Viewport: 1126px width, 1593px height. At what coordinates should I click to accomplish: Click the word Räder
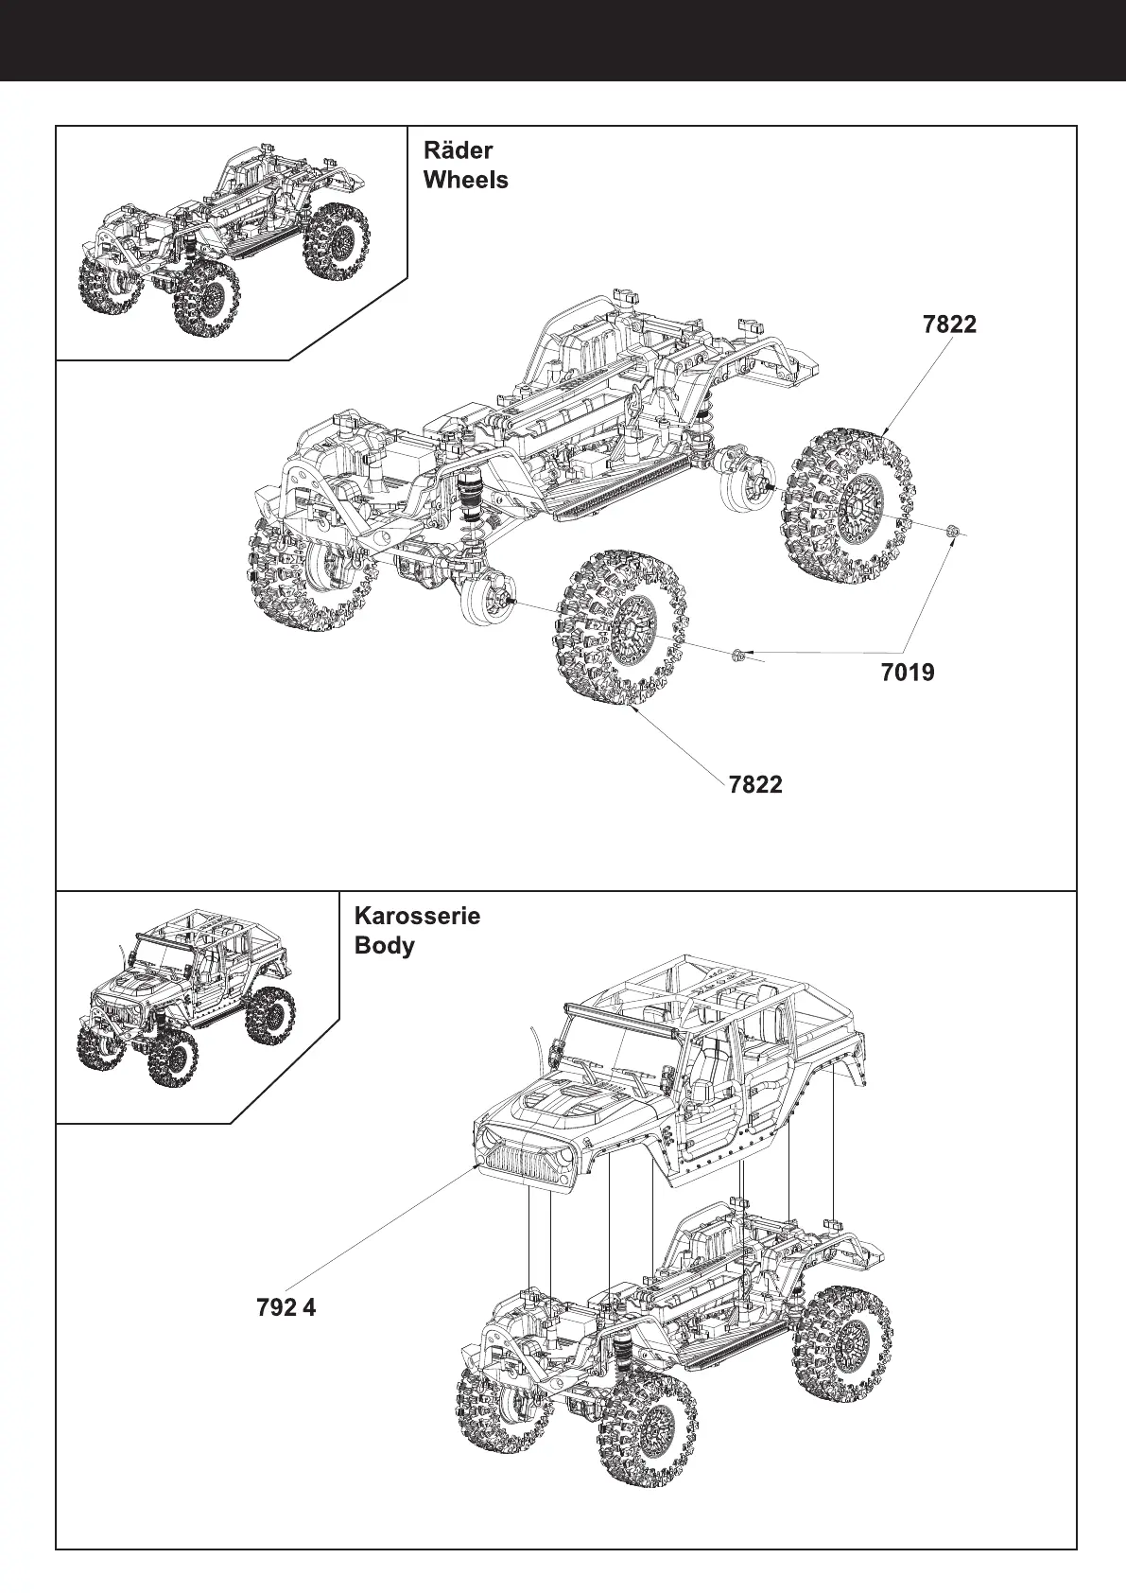point(459,150)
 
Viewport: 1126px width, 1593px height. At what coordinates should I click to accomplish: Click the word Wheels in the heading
point(466,180)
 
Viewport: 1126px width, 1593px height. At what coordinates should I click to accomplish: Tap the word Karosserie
point(417,916)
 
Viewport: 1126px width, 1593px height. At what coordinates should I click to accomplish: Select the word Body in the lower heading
point(384,945)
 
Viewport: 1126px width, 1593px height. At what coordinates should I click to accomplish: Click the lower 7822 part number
point(755,784)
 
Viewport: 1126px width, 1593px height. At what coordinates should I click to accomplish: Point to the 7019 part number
point(907,673)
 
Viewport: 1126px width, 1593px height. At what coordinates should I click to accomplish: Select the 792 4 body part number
point(286,1307)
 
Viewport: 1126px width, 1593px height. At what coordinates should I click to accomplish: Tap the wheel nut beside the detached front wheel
point(736,654)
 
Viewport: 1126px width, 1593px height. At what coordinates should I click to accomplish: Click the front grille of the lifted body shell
point(527,1157)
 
